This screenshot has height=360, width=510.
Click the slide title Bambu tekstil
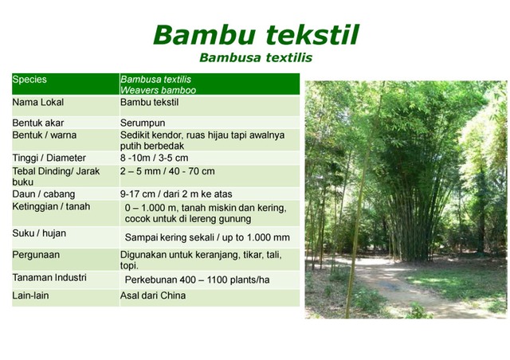coord(255,34)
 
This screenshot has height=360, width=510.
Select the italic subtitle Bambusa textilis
coord(255,58)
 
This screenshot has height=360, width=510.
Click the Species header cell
coord(30,80)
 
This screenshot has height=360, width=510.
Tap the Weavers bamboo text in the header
coord(158,91)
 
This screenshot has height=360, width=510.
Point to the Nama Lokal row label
coord(37,103)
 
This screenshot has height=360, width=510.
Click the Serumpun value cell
coord(143,123)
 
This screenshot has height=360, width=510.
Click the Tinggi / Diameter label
coord(49,158)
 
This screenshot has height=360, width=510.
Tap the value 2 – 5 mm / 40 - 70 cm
coord(167,171)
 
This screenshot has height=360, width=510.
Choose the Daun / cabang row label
coord(41,194)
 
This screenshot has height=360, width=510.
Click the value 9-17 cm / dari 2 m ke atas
coord(176,194)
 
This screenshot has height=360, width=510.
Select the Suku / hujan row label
coord(39,234)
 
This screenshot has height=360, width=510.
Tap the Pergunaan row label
coord(36,255)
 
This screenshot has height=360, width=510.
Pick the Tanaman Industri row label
coord(49,277)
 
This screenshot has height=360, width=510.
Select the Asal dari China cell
coord(153,296)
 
